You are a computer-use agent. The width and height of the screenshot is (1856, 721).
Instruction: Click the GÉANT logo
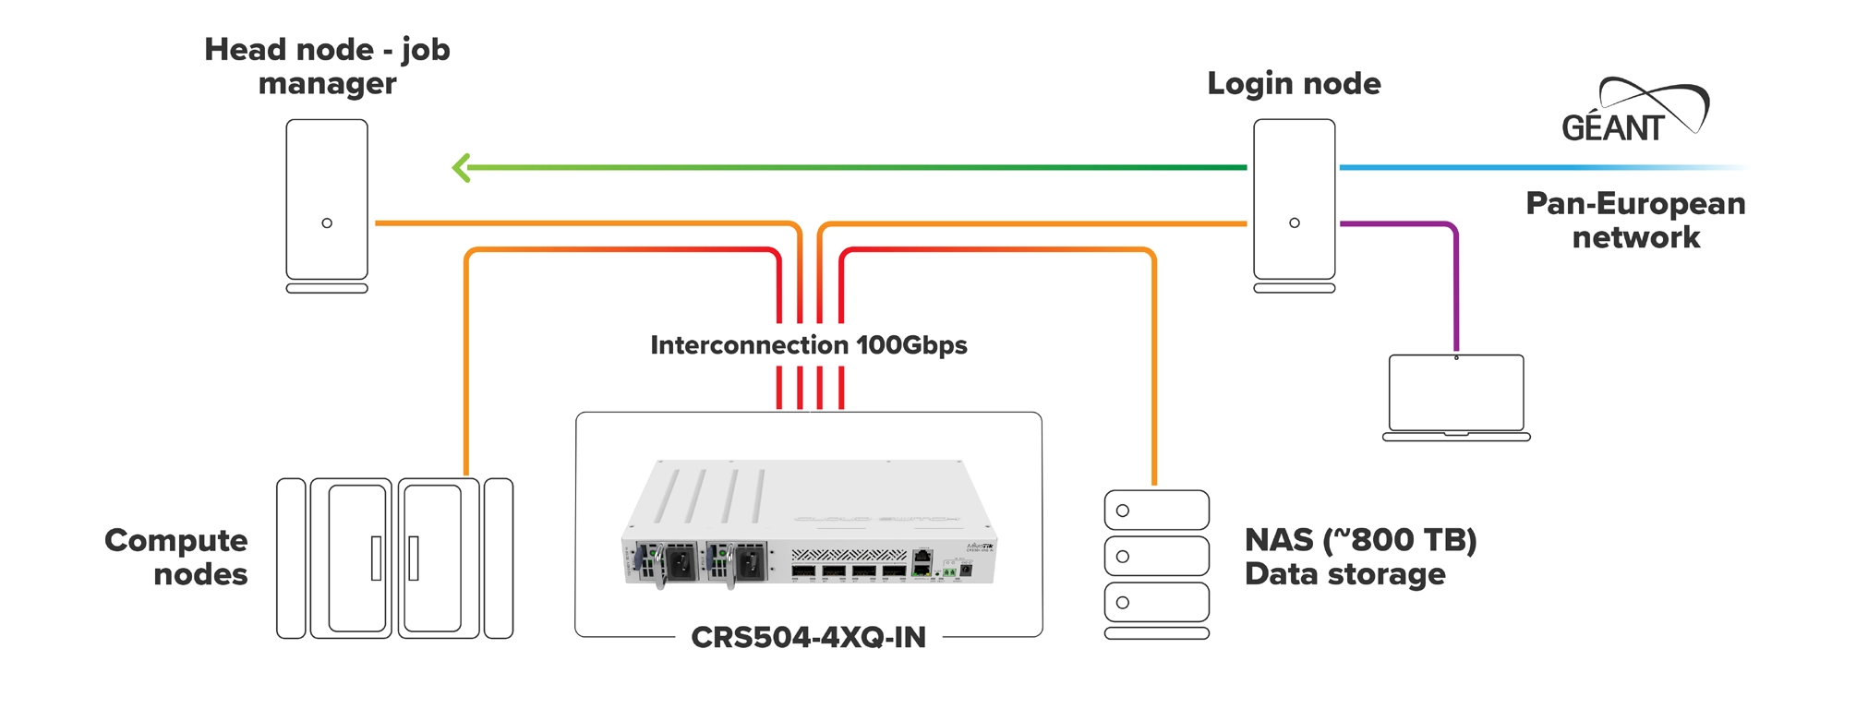pyautogui.click(x=1633, y=113)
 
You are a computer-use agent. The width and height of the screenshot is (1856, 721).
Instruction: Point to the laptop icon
pyautogui.click(x=1456, y=395)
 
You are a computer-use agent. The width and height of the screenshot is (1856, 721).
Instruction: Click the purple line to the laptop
pyautogui.click(x=1455, y=286)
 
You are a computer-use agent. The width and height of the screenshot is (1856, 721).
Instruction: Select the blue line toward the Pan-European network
pyautogui.click(x=1524, y=168)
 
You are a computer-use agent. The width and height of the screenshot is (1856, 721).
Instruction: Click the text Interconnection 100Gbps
pyautogui.click(x=808, y=345)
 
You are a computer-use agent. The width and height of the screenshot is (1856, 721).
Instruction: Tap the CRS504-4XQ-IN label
pyautogui.click(x=808, y=637)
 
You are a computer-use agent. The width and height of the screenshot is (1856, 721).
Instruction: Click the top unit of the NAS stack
pyautogui.click(x=1157, y=511)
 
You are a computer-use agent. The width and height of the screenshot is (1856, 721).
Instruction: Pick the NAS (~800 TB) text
pyautogui.click(x=1360, y=540)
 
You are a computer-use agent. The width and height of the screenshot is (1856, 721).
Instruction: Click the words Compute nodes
pyautogui.click(x=176, y=557)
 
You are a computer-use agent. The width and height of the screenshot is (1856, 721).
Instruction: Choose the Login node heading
pyautogui.click(x=1294, y=84)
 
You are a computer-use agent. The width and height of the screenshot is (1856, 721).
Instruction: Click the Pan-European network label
pyautogui.click(x=1635, y=220)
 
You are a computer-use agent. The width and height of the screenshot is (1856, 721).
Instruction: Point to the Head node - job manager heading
pyautogui.click(x=327, y=66)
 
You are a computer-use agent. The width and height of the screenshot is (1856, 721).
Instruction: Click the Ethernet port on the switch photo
pyautogui.click(x=922, y=559)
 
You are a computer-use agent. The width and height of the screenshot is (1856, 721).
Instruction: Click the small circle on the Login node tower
pyautogui.click(x=1294, y=223)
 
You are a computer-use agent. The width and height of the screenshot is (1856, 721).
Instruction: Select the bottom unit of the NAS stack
pyautogui.click(x=1157, y=603)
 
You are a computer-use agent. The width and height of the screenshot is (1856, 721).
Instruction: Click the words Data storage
pyautogui.click(x=1344, y=574)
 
